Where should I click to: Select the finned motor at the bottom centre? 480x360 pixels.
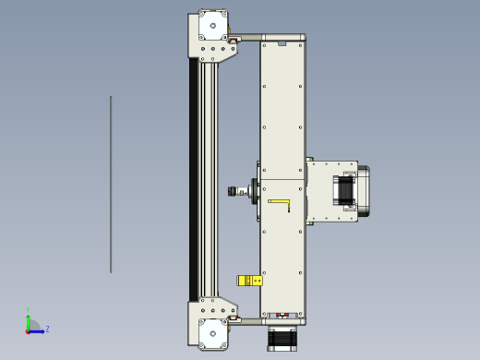(282, 338)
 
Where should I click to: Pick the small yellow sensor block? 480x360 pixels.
(246, 281)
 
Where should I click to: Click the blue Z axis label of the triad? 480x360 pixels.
(47, 329)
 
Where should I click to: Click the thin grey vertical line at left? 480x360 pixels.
(111, 185)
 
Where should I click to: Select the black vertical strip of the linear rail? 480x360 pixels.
(194, 180)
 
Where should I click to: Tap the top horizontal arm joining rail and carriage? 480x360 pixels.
(249, 39)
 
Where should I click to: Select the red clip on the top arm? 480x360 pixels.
(234, 40)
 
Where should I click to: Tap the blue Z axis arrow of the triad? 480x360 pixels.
(38, 330)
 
